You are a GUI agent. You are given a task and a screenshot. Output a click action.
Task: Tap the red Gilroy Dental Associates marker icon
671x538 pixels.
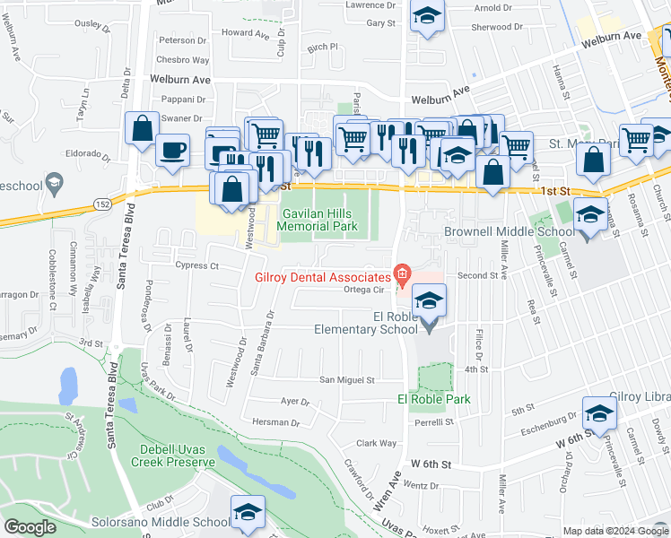(402, 273)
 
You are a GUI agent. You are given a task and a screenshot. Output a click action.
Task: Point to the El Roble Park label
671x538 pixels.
(433, 399)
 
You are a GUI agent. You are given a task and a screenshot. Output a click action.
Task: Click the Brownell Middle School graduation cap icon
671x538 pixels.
(588, 216)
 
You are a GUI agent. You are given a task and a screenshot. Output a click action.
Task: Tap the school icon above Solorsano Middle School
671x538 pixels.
(248, 511)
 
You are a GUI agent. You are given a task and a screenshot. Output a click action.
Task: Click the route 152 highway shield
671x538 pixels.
(104, 205)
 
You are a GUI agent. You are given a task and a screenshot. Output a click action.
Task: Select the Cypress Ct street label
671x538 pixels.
(197, 266)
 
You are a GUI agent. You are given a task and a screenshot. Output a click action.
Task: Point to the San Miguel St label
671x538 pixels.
(347, 380)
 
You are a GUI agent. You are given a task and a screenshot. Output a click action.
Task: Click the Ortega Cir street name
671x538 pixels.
(364, 290)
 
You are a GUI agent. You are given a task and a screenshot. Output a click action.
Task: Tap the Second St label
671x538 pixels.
(476, 276)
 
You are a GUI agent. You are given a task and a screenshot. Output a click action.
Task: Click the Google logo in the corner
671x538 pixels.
(30, 527)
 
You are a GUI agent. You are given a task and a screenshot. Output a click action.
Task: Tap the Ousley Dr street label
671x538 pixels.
(100, 24)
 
